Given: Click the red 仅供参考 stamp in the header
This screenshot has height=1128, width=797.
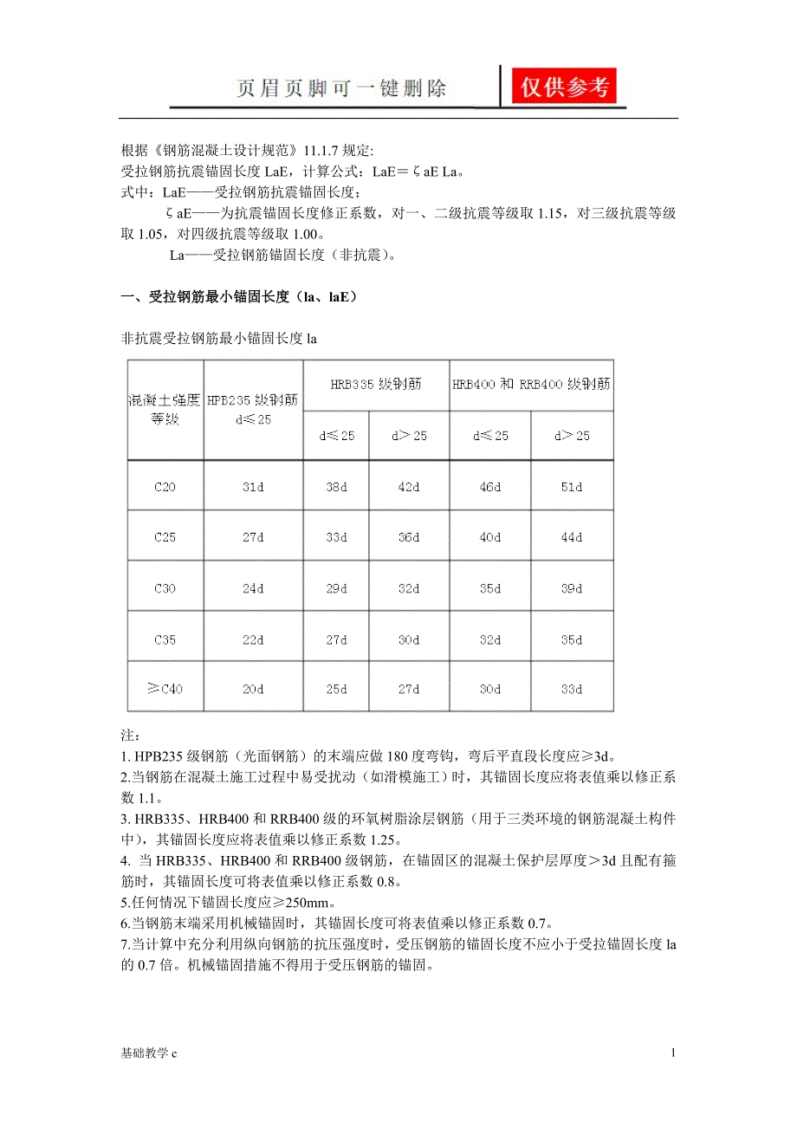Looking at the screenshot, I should (x=564, y=87).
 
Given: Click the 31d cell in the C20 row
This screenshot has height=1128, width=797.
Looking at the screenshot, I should (x=253, y=487).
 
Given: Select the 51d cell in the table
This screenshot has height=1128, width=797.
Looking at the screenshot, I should (x=572, y=487).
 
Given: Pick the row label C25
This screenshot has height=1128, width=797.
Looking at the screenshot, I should (x=165, y=537).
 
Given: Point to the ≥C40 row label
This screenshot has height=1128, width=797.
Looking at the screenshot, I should (x=165, y=690).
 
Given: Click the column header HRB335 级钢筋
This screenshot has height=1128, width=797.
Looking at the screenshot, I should (x=376, y=384).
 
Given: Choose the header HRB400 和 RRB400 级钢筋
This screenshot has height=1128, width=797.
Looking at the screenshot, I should (x=530, y=384).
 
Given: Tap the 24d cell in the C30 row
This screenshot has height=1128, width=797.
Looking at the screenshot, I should (x=253, y=588).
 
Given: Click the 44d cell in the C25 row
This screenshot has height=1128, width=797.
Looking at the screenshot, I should (x=572, y=537).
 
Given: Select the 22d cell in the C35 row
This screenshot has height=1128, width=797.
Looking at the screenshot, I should (x=253, y=639).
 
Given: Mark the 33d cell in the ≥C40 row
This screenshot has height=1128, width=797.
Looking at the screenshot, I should (x=572, y=690).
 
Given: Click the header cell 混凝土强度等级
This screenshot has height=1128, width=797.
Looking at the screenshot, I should (x=165, y=409).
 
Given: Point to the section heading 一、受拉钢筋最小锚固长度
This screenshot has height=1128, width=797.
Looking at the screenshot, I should (x=238, y=297).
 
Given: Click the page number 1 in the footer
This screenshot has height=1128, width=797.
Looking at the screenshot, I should (x=672, y=1053).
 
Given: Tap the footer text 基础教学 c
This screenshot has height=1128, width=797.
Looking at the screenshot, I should (x=148, y=1053).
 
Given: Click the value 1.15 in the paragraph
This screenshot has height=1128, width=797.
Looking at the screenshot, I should (x=546, y=214).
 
